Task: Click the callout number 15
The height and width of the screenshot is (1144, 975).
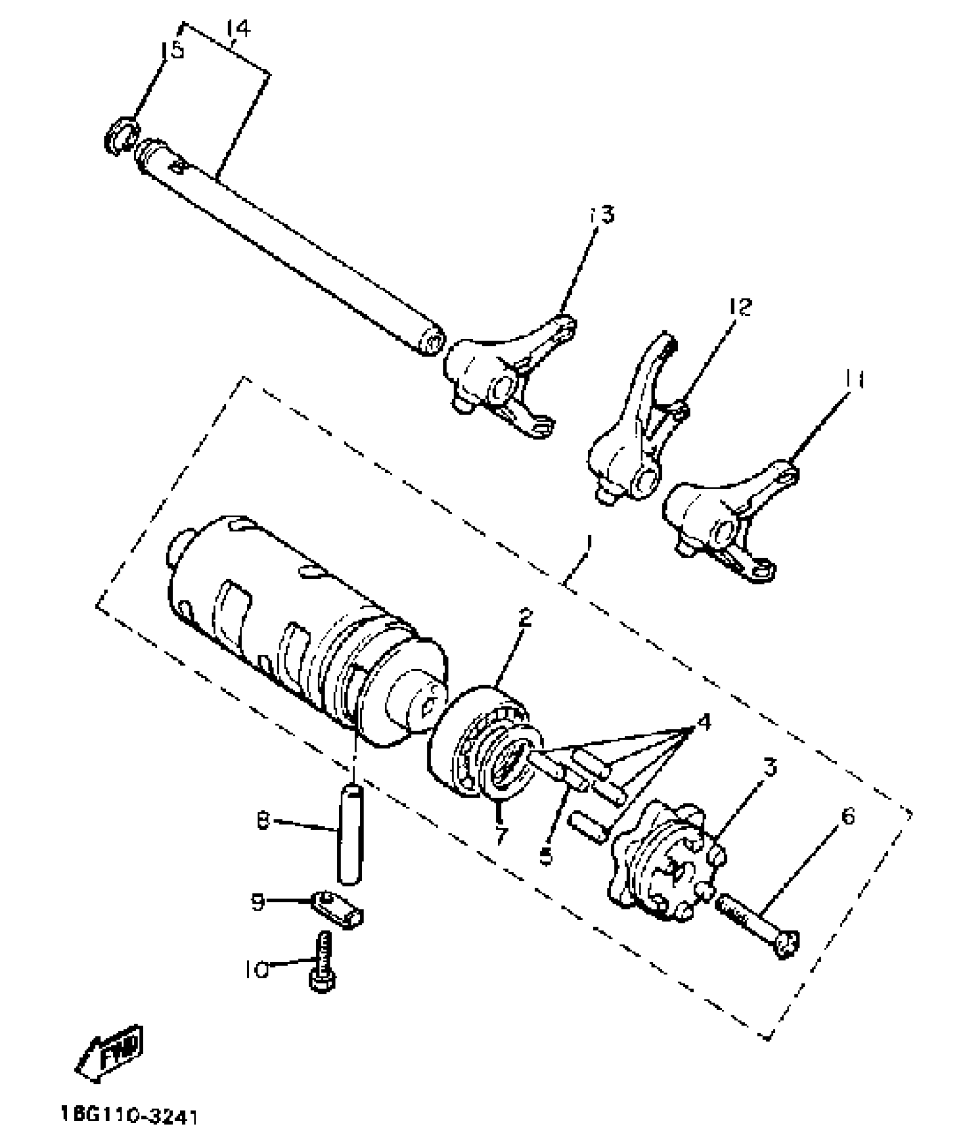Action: click(171, 50)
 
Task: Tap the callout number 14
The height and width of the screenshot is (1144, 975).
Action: click(238, 29)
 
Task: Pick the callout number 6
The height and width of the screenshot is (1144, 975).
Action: click(848, 815)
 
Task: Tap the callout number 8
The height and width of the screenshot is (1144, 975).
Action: click(263, 822)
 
